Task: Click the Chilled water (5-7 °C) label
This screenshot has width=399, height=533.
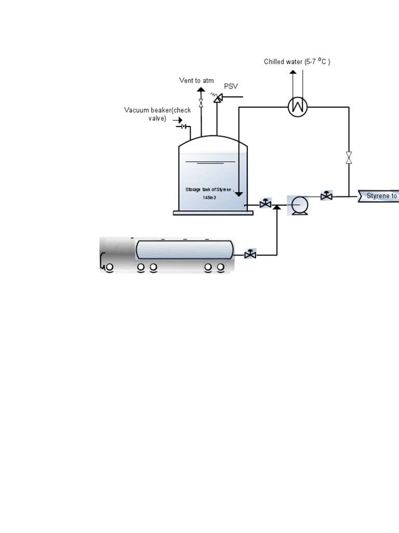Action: pos(297,62)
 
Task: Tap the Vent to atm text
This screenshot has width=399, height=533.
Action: pos(196,81)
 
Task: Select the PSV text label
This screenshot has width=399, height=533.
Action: pos(231,86)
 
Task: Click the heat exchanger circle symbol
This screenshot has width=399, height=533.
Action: pos(298,107)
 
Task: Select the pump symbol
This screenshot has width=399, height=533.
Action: pos(298,205)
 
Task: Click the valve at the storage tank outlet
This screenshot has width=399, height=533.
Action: pos(265,204)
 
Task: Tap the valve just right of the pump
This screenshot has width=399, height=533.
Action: pos(326,196)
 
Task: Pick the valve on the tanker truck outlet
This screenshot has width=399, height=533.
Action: pos(250,255)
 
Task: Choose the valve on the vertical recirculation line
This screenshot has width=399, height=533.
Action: pos(349,157)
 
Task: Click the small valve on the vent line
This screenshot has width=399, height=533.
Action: pos(201,104)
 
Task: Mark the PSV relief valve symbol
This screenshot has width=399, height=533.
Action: pos(217,97)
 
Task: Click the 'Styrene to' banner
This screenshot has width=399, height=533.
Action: pos(379,196)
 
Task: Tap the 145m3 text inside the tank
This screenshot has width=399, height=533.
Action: pos(209,198)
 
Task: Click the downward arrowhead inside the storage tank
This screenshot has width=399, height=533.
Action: pos(239,194)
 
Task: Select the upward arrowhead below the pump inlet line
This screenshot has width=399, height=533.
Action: pos(277,208)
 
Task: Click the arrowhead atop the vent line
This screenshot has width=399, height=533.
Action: pos(201,90)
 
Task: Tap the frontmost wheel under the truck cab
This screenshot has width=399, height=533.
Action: pos(109,268)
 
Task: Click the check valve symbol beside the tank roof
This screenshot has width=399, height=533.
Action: pos(183,126)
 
